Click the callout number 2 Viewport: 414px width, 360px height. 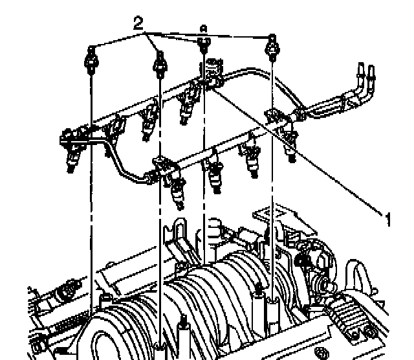click(x=138, y=24)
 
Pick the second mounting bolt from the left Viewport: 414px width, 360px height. click(x=159, y=63)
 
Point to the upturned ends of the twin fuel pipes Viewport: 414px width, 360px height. click(x=365, y=72)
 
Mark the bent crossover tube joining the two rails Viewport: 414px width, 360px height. click(x=123, y=166)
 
